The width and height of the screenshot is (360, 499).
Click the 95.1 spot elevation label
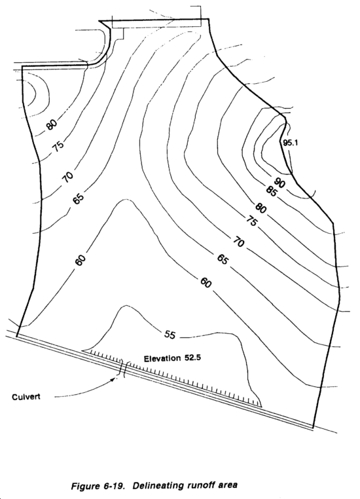tap(291, 143)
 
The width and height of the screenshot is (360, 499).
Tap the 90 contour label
tap(279, 183)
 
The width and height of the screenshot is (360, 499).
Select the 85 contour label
tap(271, 191)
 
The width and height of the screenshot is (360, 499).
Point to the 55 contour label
tap(170, 335)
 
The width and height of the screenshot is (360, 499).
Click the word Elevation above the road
tap(162, 359)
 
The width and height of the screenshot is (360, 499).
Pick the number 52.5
tap(192, 358)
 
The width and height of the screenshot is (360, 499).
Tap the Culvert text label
tap(26, 397)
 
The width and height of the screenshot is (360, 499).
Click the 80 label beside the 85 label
tap(261, 208)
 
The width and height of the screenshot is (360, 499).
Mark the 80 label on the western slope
tap(52, 124)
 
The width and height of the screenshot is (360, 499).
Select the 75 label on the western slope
tap(58, 146)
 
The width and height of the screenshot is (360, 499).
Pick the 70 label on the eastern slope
tap(238, 243)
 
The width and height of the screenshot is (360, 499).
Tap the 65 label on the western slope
tap(79, 198)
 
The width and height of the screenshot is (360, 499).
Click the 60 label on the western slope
tap(81, 260)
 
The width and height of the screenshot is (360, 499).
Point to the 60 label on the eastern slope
tap(206, 283)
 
